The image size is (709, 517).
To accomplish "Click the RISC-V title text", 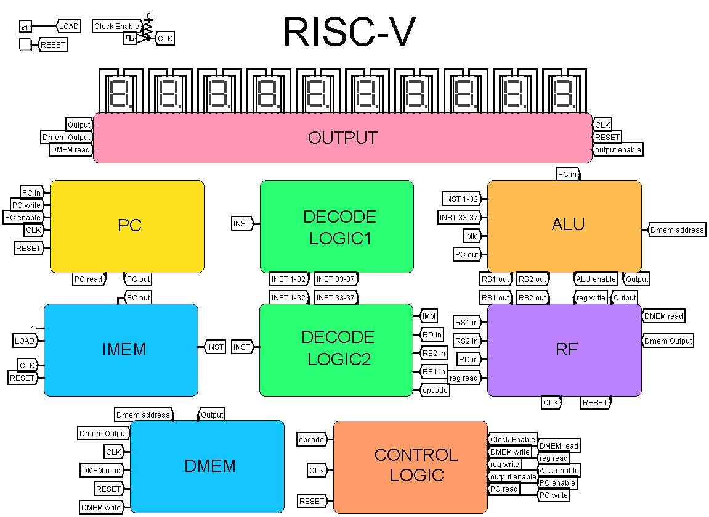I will (349, 32).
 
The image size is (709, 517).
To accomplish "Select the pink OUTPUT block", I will (342, 138).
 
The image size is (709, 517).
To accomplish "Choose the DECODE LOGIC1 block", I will (336, 226).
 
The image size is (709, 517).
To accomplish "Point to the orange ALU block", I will (564, 226).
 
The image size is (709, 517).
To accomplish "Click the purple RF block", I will (564, 350).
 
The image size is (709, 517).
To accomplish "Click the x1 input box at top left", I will (25, 27).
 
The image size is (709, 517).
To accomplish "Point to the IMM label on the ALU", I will (471, 236).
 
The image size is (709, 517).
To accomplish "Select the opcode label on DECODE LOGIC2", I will (435, 390).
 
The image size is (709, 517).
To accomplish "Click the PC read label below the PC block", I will (88, 279).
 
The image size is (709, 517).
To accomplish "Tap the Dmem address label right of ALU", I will (676, 230).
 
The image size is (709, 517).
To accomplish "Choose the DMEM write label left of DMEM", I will (100, 507).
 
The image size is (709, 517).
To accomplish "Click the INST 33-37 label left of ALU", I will (458, 217).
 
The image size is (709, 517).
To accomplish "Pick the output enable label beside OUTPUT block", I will (617, 149).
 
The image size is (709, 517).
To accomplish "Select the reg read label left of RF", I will (463, 378).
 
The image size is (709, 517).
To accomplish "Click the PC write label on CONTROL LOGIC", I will (553, 495).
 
